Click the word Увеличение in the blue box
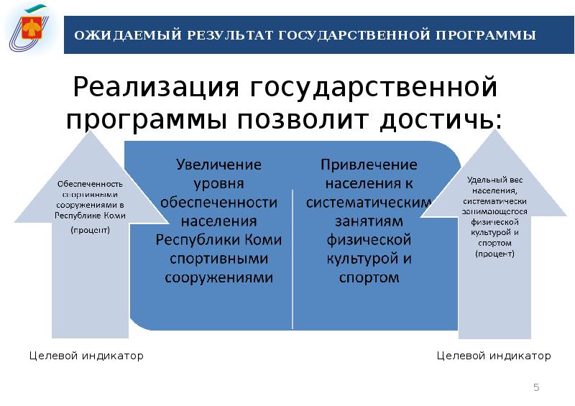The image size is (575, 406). [219, 165]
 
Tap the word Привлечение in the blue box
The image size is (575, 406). [368, 165]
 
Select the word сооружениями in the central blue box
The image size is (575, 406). [219, 277]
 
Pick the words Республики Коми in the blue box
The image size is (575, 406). [219, 239]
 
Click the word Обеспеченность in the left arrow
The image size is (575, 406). [91, 184]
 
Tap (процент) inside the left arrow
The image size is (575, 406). [91, 231]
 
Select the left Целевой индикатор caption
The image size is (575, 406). [86, 356]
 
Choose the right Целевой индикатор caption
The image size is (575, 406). [494, 356]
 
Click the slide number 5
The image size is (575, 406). [535, 388]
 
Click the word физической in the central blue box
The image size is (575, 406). [368, 239]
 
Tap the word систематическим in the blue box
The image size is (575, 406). [368, 202]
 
